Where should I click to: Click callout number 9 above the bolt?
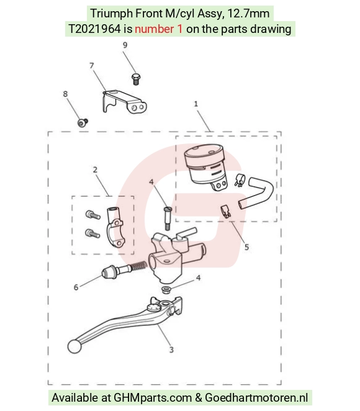tap(125, 45)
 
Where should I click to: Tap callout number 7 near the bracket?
tap(91, 65)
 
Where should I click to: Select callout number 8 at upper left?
tap(65, 94)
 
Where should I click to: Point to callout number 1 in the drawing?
tap(196, 104)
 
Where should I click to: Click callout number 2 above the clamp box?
tap(95, 169)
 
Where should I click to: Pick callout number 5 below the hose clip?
tap(246, 247)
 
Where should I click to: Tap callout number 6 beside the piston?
tap(76, 287)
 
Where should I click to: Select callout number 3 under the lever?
tap(171, 350)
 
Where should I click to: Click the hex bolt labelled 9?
tap(135, 79)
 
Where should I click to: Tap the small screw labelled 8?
tap(83, 122)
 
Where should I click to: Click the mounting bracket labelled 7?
tap(124, 102)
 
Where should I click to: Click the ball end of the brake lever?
tap(74, 346)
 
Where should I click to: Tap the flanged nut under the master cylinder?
tap(166, 290)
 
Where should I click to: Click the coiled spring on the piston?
tap(138, 266)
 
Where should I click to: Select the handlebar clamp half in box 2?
tap(116, 226)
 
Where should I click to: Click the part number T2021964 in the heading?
tap(94, 29)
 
